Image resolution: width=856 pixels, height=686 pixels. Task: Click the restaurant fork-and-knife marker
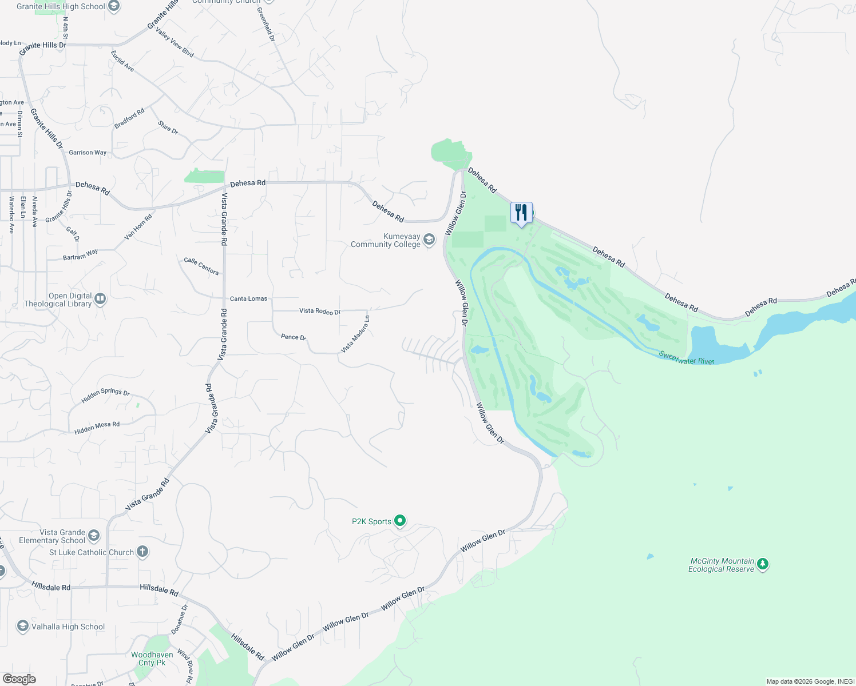[521, 213]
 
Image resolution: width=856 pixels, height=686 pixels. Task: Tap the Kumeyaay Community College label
[386, 241]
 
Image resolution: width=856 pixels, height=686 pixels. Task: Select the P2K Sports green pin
[401, 521]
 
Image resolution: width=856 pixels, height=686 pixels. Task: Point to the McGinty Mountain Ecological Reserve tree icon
[762, 565]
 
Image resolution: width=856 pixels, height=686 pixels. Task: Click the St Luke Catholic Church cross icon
[142, 552]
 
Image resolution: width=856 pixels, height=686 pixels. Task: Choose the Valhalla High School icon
[22, 627]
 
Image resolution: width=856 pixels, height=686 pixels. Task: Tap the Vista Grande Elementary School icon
[94, 536]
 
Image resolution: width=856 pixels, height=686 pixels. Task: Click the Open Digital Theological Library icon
[100, 299]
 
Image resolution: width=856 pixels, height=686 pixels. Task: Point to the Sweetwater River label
[686, 358]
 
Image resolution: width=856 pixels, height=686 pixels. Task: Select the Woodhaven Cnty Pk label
[152, 659]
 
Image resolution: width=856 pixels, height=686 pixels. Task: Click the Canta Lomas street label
[248, 298]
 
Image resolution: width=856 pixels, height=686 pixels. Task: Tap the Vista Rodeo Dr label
[320, 311]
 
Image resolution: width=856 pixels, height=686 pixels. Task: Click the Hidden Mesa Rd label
[97, 427]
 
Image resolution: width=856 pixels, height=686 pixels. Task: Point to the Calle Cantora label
[201, 266]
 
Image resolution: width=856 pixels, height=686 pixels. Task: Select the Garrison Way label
[88, 153]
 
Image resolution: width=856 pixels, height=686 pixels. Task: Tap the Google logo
[19, 679]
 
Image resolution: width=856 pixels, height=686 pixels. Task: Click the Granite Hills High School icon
[114, 6]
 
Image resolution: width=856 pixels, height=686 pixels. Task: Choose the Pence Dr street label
[294, 337]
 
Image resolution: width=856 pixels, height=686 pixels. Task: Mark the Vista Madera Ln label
[355, 334]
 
